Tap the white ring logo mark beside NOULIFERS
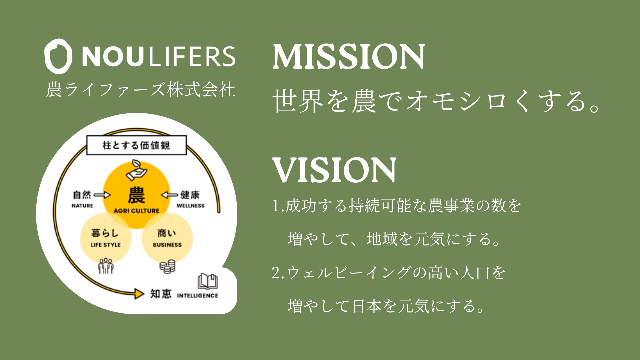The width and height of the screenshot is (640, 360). coord(58,56)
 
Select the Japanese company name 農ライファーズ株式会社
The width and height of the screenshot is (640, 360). coord(140,89)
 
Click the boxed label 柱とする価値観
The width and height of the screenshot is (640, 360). coord(136,145)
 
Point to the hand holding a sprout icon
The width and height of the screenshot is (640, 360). coord(136,170)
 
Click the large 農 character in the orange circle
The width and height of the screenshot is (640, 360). coord(136,195)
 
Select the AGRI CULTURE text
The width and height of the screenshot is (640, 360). coord(136,211)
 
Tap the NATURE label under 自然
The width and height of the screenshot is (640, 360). coord(82,206)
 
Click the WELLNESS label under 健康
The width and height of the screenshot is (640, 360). coord(190,206)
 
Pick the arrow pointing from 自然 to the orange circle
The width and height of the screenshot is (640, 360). coord(102,195)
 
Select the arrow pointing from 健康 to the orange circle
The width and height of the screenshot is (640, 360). coord(170,195)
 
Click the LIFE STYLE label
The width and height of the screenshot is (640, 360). coord(105,245)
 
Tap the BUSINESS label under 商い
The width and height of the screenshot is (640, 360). coord(167,245)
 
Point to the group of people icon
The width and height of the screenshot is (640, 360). coord(106,266)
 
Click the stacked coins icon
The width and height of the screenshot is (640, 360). coord(167,266)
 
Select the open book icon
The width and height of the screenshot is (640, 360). coord(207,281)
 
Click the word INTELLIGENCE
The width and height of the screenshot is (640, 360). coord(197,296)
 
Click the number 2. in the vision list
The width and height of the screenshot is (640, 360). coord(278,273)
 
